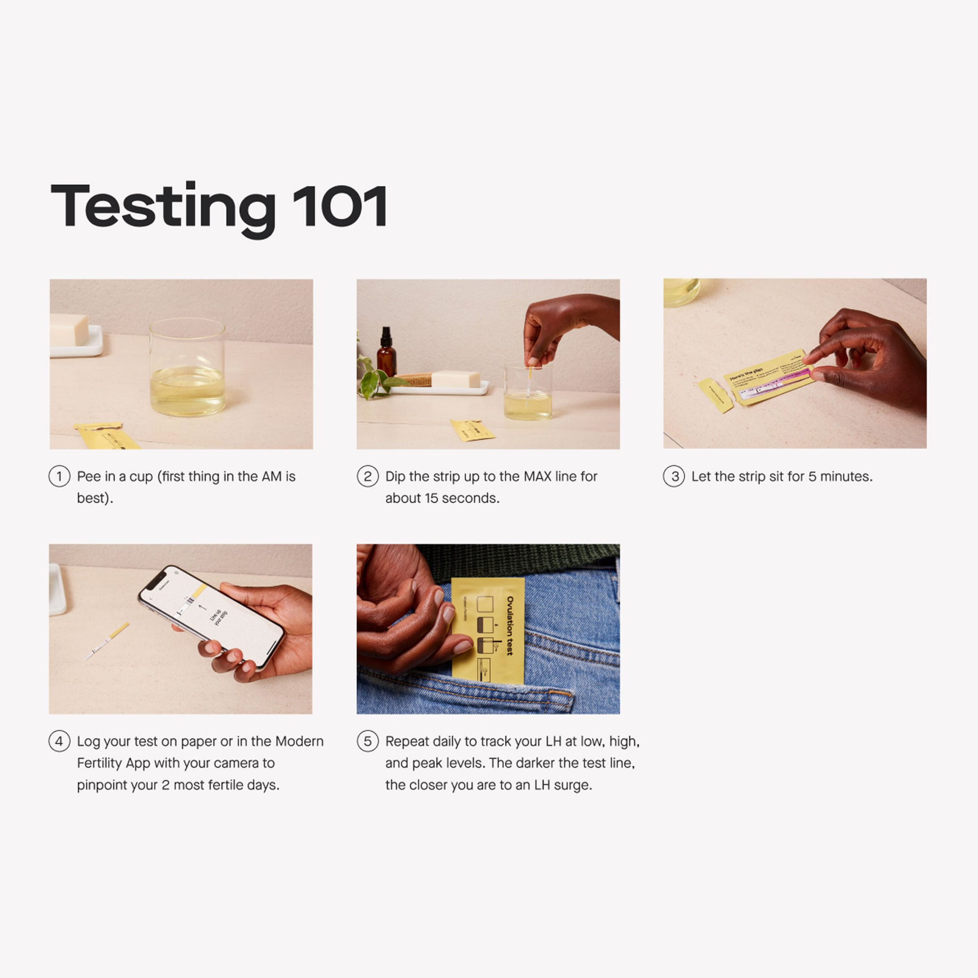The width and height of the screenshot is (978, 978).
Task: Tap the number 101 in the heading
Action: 340,206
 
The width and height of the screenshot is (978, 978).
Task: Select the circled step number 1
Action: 59,476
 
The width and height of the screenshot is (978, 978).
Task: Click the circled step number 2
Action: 368,476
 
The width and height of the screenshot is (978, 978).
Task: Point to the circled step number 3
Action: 674,476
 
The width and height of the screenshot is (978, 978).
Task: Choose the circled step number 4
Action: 59,741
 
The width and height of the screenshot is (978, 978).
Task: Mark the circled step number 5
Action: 368,741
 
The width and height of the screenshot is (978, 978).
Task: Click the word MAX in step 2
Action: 537,476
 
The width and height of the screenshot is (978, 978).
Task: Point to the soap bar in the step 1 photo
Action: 69,330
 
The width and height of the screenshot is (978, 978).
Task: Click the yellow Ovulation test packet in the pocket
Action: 488,630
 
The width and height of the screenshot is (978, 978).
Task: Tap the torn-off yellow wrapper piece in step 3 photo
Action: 715,395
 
